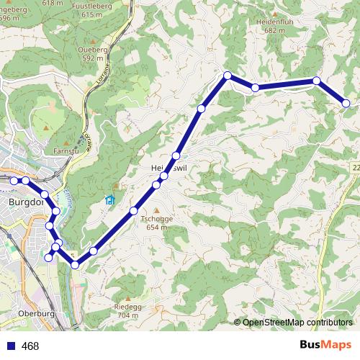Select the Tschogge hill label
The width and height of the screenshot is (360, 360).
click(158, 218)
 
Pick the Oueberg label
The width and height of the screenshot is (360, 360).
click(94, 50)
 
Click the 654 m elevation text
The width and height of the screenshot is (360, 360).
click(158, 227)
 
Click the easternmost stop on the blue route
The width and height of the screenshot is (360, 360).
click(346, 104)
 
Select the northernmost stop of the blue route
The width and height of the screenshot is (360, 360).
click(228, 76)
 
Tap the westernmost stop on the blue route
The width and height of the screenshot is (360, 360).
click(14, 180)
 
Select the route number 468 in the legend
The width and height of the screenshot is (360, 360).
click(30, 346)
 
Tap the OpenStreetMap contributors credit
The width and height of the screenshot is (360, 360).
click(297, 323)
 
